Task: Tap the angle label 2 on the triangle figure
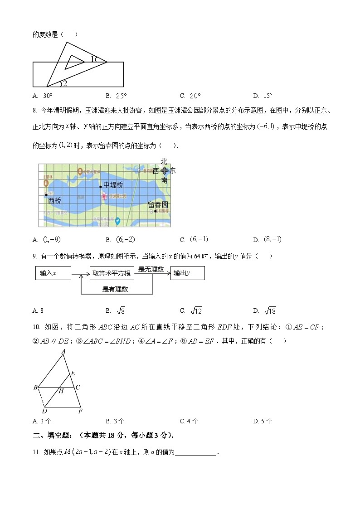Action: click(x=65, y=83)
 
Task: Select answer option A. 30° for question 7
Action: click(x=43, y=96)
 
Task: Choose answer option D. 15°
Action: click(x=263, y=96)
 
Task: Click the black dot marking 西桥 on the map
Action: click(x=46, y=195)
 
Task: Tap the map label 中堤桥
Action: click(x=113, y=185)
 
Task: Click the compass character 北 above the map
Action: click(x=164, y=162)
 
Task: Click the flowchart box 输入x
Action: click(x=53, y=273)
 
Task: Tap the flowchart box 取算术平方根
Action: click(x=112, y=273)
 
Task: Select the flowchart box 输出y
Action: click(x=187, y=273)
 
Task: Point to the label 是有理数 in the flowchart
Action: click(x=115, y=289)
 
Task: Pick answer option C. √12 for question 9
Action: click(x=191, y=310)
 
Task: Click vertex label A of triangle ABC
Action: click(x=63, y=351)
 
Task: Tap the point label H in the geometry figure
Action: click(x=61, y=391)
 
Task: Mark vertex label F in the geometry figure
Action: click(x=80, y=411)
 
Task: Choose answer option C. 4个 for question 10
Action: click(x=189, y=421)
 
